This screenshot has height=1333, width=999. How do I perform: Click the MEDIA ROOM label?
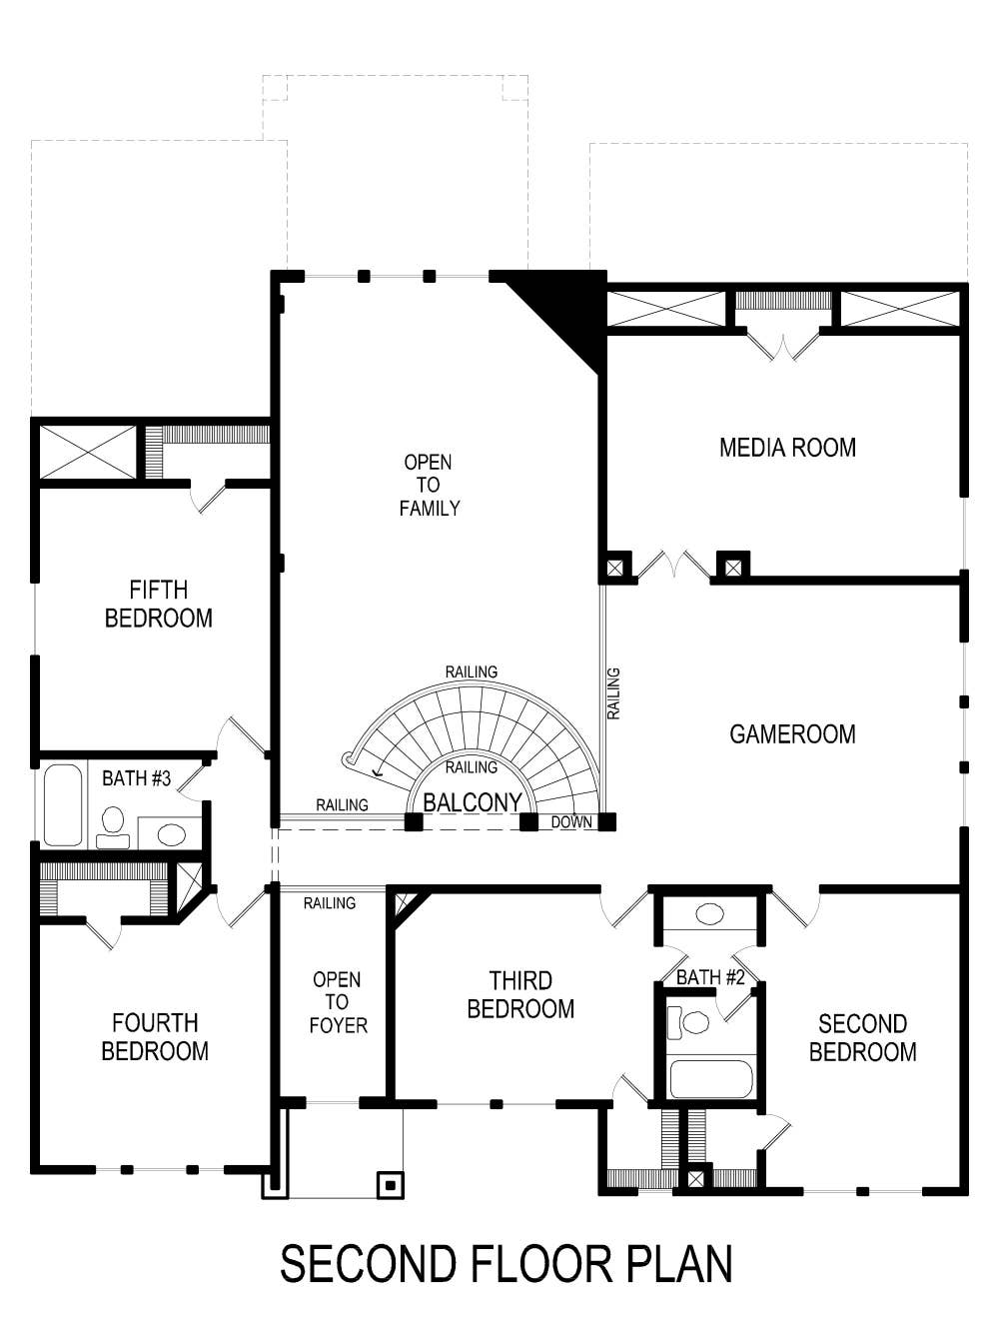(x=787, y=448)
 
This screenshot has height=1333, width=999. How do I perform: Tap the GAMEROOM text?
(x=792, y=734)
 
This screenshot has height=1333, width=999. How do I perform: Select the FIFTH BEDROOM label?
(x=159, y=604)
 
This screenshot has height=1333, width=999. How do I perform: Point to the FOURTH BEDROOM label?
(x=155, y=1036)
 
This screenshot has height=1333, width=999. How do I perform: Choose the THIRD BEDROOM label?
(x=520, y=994)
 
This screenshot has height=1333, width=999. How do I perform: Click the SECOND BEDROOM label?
(x=862, y=1037)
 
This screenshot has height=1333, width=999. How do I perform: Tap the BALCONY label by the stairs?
(x=472, y=802)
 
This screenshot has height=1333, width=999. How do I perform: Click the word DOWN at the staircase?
(x=571, y=822)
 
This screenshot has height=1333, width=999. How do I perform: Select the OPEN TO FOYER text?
(x=337, y=1002)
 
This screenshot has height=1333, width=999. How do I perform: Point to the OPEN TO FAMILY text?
(x=429, y=485)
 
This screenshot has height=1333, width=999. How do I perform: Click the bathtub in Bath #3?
(x=63, y=805)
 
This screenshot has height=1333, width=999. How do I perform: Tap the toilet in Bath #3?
(x=113, y=825)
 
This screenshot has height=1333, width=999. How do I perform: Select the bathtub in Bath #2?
(x=710, y=1079)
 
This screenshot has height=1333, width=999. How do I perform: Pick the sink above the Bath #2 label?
(x=710, y=913)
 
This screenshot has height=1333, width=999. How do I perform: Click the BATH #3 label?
(x=137, y=777)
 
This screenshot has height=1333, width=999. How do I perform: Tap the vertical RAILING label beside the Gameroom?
(x=613, y=693)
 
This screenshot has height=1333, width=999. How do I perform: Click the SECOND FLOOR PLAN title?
(x=505, y=1264)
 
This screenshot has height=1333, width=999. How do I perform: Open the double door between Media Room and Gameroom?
(x=675, y=567)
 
